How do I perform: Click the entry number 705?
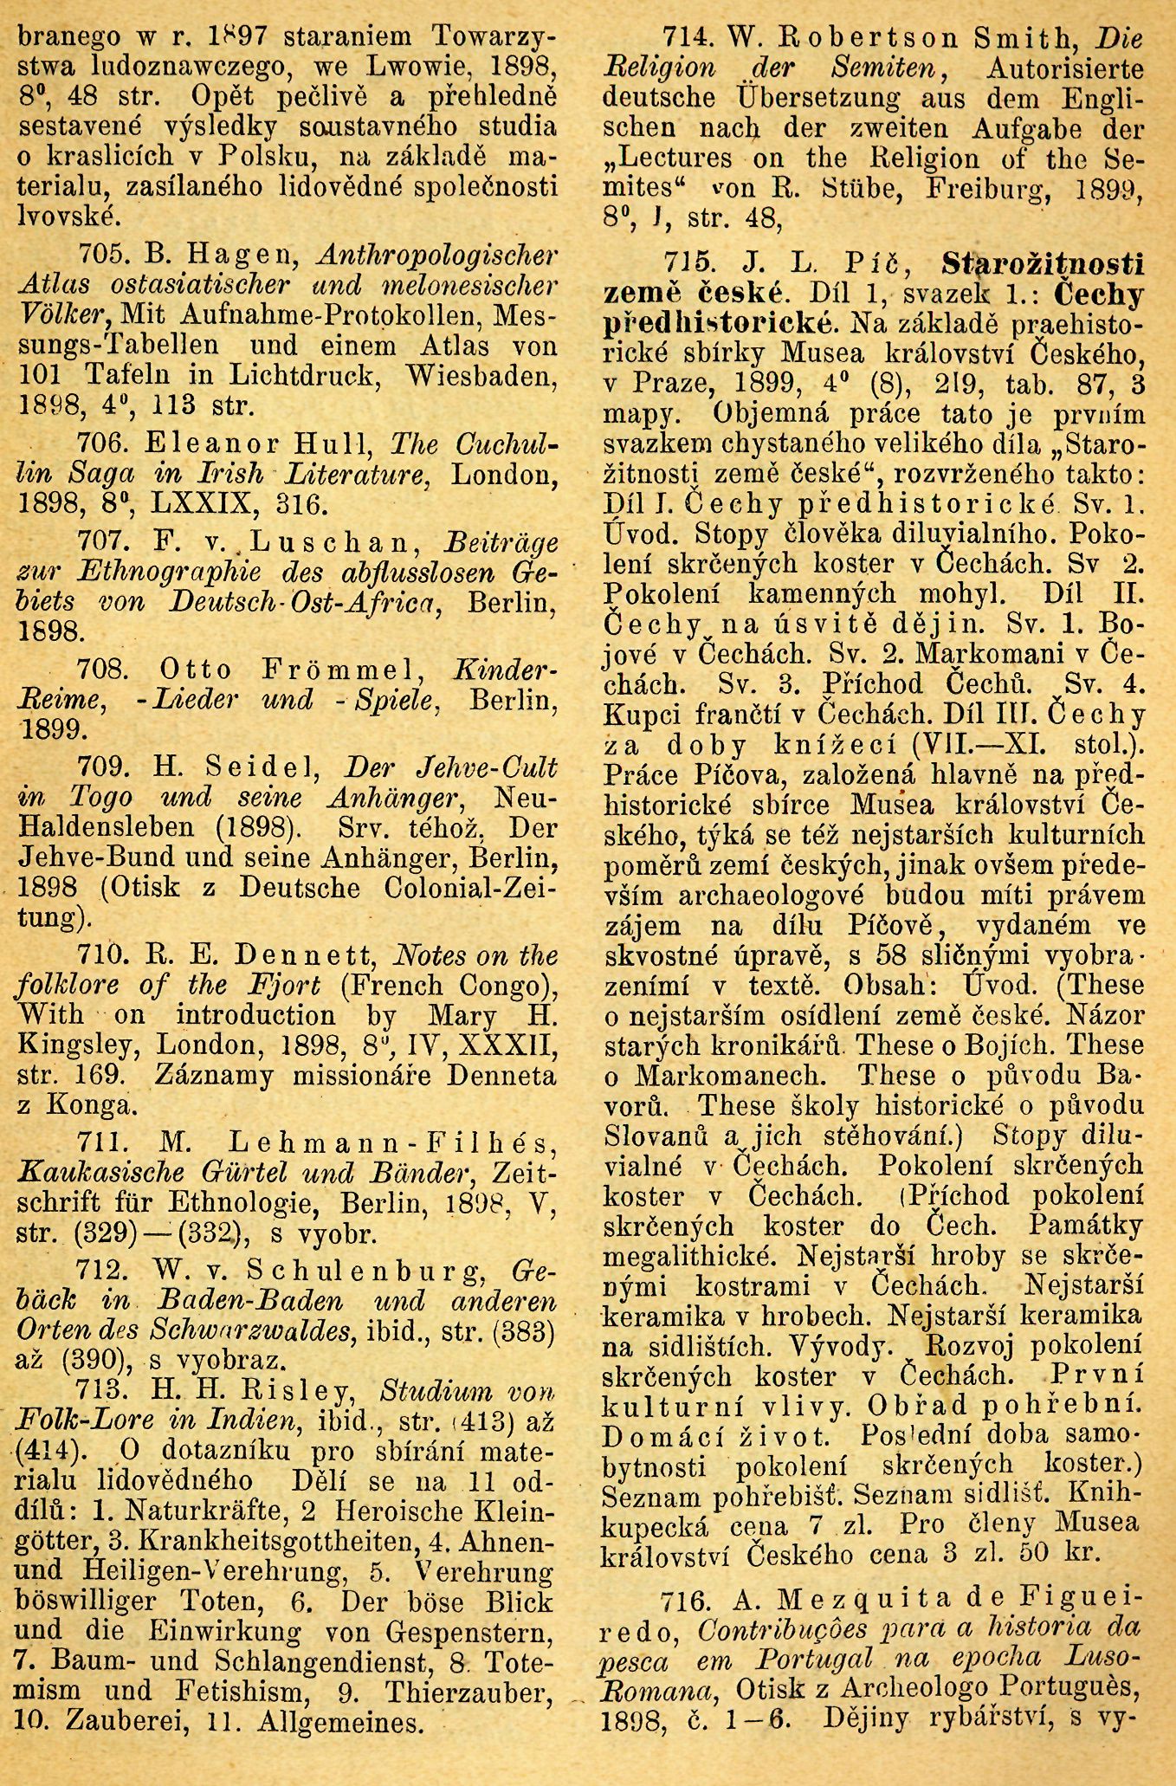[x=103, y=256]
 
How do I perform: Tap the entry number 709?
[x=103, y=767]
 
